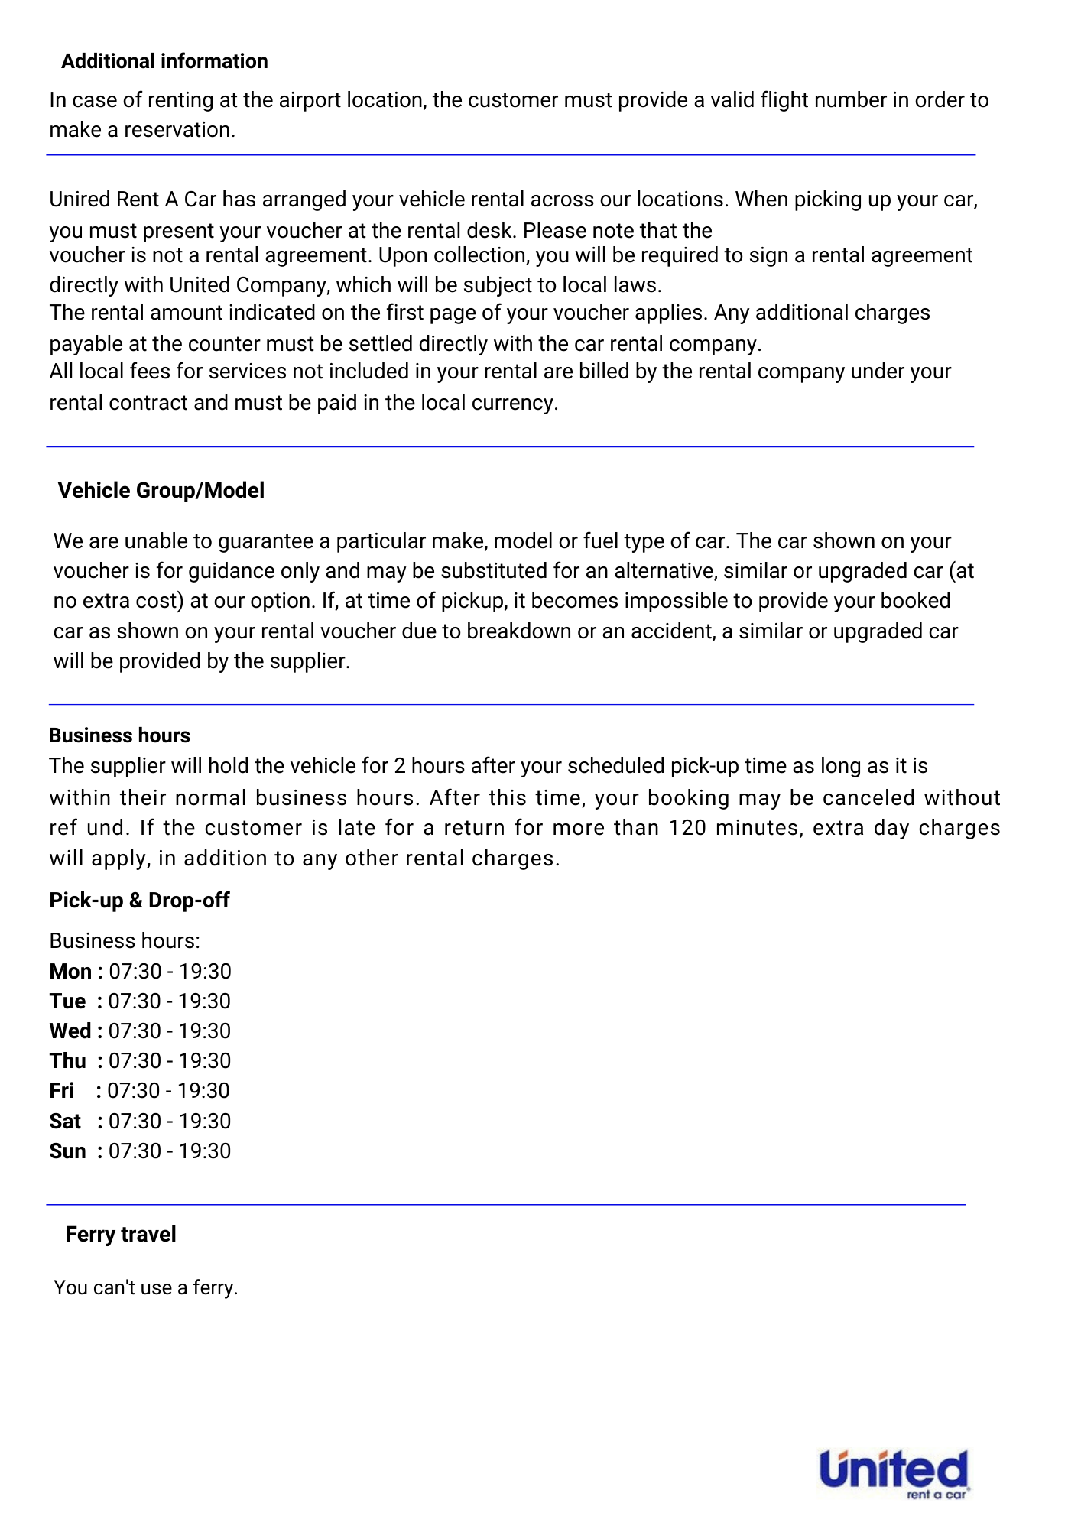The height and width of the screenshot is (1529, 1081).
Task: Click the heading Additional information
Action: click(164, 61)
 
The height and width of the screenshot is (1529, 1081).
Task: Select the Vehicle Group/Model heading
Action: click(161, 490)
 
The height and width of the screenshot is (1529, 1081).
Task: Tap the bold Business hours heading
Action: click(119, 735)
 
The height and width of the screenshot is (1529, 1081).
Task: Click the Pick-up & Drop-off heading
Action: click(139, 900)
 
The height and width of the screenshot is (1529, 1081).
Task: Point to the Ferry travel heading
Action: click(121, 1234)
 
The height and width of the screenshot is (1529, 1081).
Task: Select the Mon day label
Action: click(70, 971)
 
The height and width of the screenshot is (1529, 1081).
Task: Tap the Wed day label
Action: click(70, 1031)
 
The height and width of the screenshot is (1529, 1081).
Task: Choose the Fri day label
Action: click(62, 1090)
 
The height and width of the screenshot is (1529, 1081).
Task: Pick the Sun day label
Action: click(67, 1151)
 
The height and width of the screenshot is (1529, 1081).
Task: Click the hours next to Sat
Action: click(170, 1121)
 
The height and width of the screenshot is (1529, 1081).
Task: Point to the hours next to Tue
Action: click(170, 1001)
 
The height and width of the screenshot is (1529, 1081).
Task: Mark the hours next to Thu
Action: click(170, 1060)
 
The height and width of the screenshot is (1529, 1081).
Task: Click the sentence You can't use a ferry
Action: click(146, 1287)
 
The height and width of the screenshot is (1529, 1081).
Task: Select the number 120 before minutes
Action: click(687, 827)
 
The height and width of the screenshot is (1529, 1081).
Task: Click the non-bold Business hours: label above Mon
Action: click(125, 940)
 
